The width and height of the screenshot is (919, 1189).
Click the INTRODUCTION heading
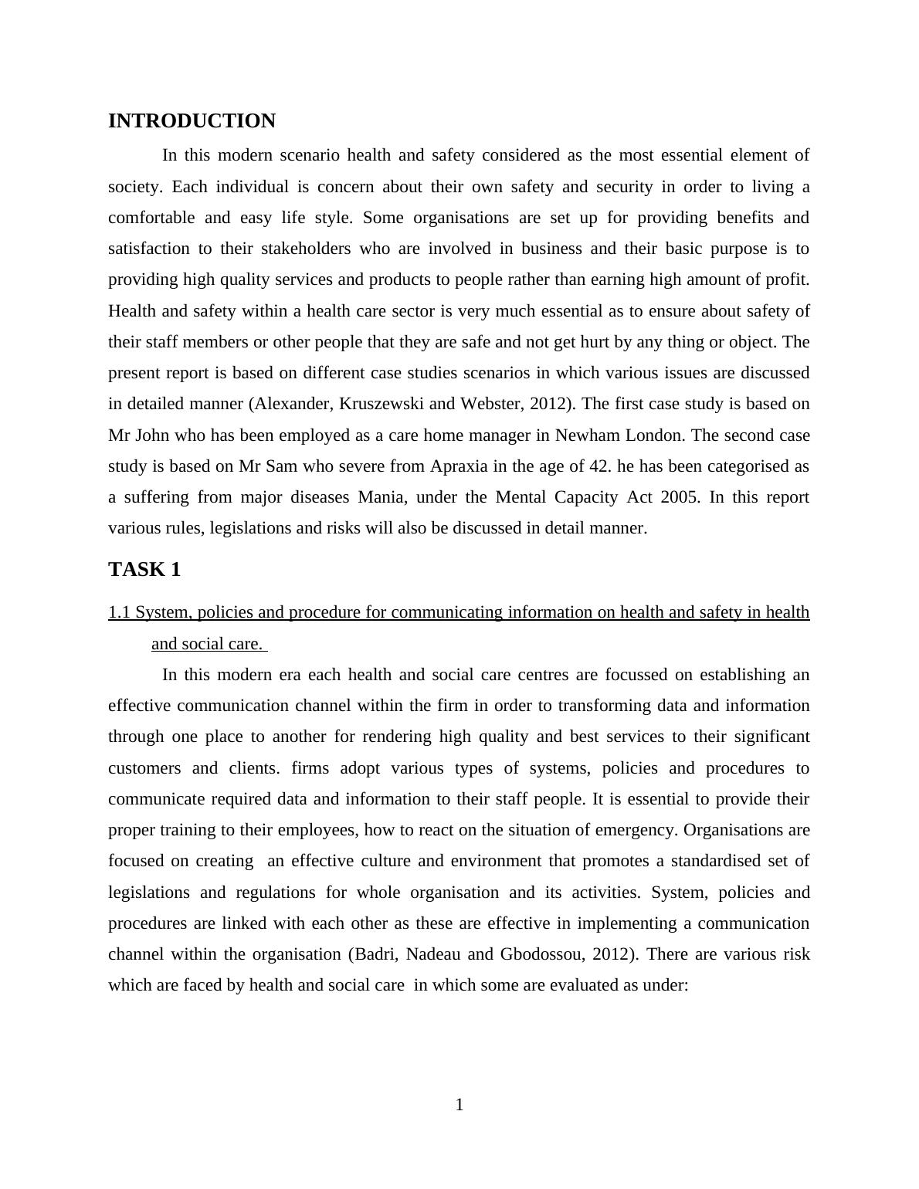coord(192,121)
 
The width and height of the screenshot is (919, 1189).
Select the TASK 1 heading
coord(144,570)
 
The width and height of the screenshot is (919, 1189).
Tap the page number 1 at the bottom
coord(459,1106)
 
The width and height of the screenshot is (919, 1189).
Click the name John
coord(151,435)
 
